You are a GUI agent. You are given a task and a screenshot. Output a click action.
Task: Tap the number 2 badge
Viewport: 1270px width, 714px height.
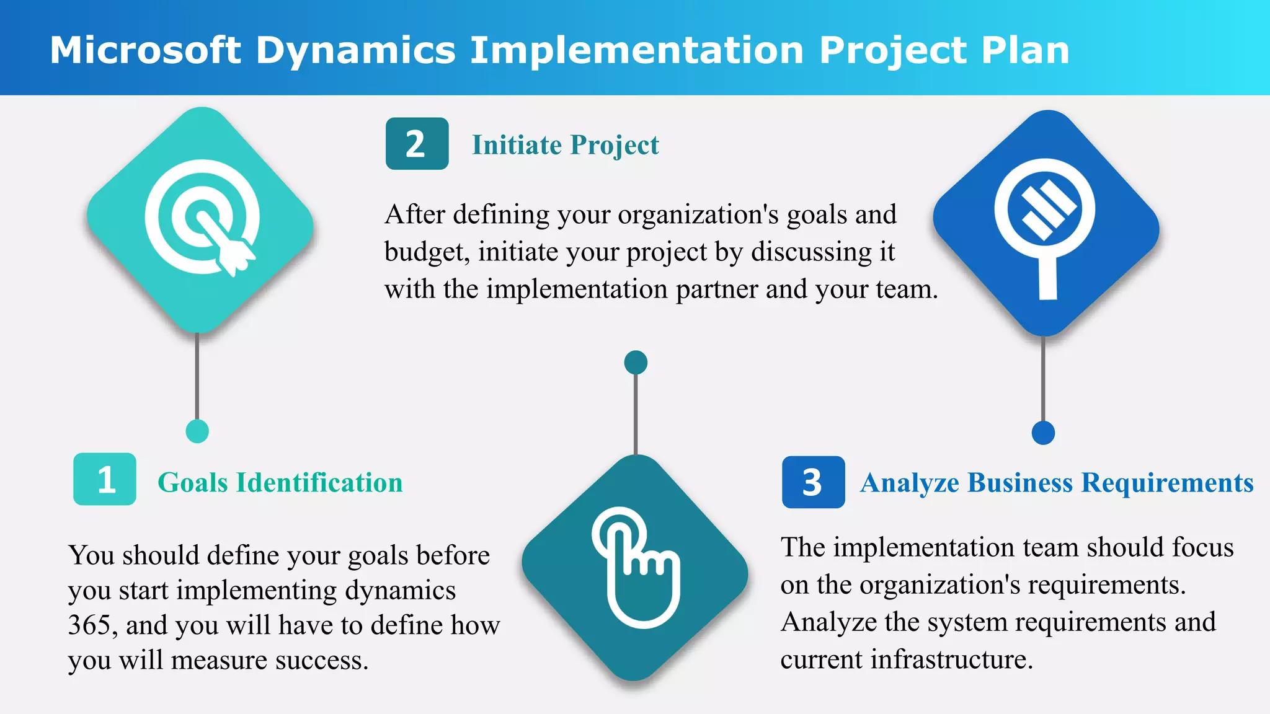(417, 144)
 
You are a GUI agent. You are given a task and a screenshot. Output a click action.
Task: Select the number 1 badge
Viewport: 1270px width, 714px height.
(105, 479)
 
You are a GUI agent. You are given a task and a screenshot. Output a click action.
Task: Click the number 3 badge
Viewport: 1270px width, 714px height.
(813, 482)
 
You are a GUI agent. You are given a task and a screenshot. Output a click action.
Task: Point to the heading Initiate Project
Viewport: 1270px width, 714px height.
(565, 145)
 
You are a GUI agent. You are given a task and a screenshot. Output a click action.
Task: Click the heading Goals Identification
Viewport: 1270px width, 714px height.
(280, 483)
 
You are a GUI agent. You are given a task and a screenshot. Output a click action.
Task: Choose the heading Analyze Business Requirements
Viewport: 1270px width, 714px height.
(1057, 483)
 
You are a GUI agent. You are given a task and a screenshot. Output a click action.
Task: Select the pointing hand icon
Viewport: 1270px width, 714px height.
(636, 567)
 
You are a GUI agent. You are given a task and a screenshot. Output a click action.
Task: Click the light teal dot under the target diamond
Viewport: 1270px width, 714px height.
(197, 431)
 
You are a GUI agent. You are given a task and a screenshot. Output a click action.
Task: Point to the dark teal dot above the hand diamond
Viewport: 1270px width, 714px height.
(636, 363)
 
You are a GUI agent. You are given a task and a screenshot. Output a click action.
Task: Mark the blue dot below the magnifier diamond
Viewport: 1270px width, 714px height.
(1043, 433)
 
